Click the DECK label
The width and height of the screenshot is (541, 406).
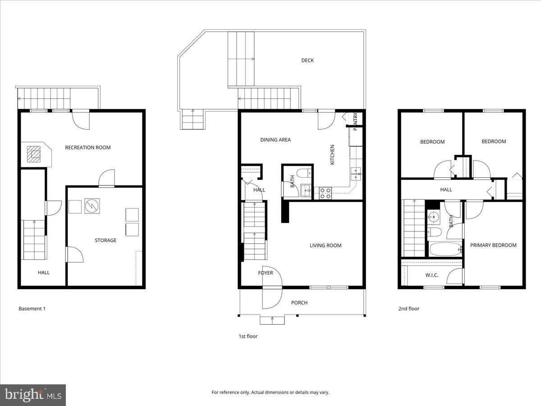click(x=307, y=60)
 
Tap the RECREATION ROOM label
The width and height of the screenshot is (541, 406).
click(x=87, y=148)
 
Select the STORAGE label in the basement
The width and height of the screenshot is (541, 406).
click(x=105, y=240)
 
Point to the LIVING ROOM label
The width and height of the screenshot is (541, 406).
click(x=325, y=245)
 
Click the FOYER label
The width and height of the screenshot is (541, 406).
click(x=266, y=273)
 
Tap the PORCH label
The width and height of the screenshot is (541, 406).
click(x=299, y=303)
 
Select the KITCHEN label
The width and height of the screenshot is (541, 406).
click(x=332, y=154)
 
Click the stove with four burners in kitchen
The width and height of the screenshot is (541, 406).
click(x=326, y=193)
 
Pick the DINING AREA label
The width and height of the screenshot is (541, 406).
click(x=275, y=140)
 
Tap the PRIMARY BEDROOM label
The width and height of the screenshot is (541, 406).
click(x=493, y=245)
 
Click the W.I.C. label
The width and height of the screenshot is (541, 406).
click(x=431, y=275)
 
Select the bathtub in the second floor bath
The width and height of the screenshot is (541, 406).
click(x=445, y=249)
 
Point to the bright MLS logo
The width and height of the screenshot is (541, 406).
click(x=33, y=395)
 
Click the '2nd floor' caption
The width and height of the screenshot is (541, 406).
click(x=408, y=309)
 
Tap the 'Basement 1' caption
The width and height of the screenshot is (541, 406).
click(x=32, y=309)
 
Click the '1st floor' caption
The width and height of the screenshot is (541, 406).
click(x=248, y=336)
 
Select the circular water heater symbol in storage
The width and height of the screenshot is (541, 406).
click(x=92, y=206)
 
